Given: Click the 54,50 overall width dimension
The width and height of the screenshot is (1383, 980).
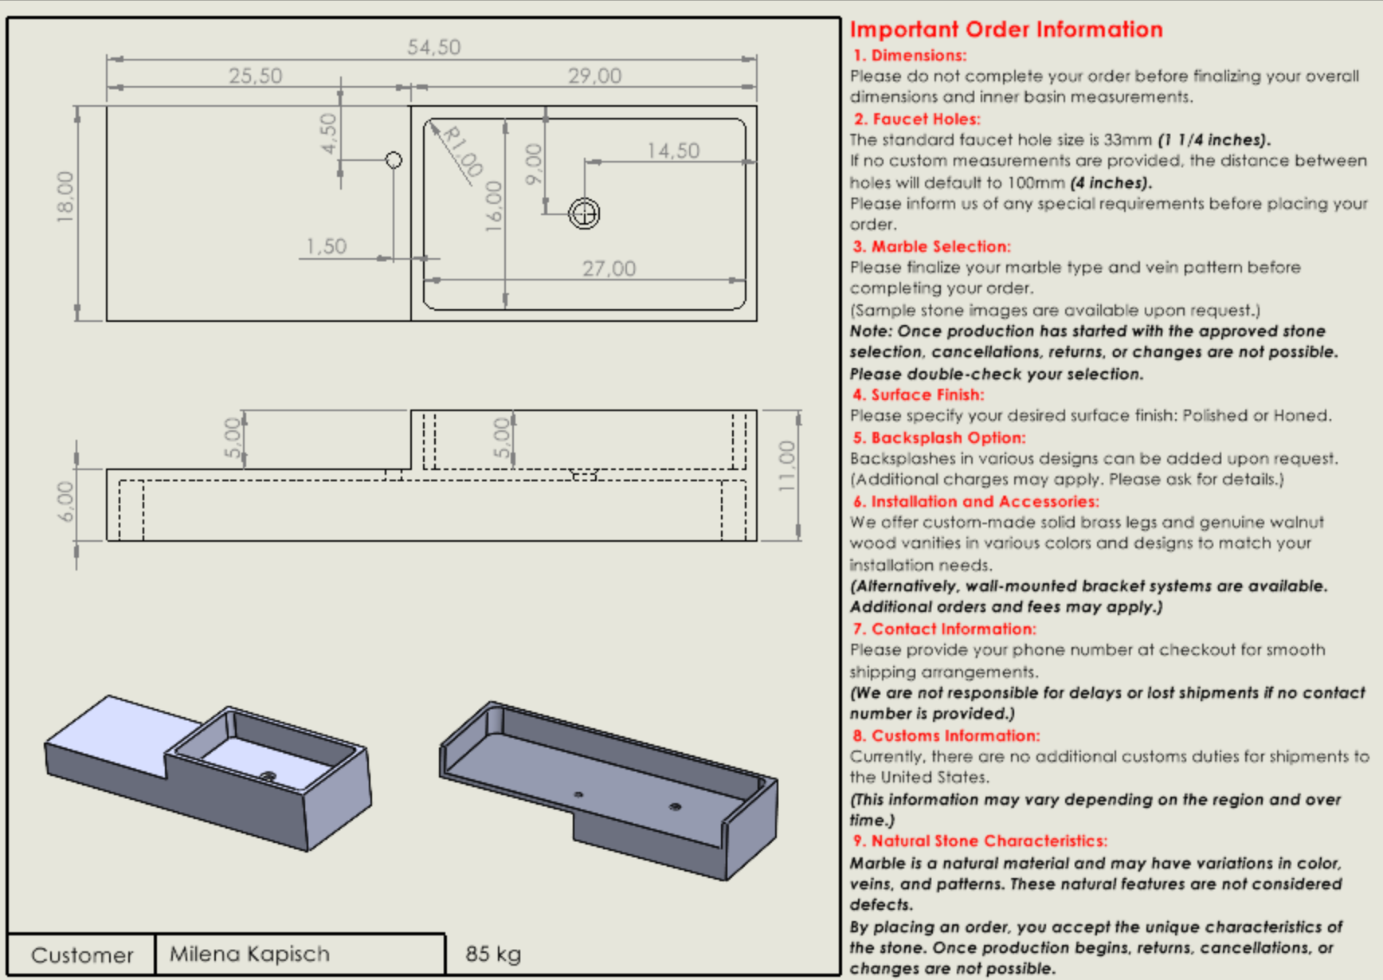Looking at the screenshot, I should click(x=433, y=48).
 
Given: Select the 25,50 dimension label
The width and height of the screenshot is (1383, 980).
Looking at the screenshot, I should click(x=255, y=76).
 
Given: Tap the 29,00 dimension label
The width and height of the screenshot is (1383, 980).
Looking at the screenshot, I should click(x=594, y=76).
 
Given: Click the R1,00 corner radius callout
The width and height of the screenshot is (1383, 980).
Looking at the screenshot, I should click(x=462, y=151).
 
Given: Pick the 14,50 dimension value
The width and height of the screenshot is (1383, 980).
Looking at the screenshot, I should click(x=673, y=151).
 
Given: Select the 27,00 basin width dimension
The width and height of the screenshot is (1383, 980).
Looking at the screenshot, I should click(x=609, y=269).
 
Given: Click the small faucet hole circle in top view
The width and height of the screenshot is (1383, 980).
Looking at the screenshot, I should click(x=394, y=160).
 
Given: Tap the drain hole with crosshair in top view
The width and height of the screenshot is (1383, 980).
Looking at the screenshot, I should click(x=584, y=214).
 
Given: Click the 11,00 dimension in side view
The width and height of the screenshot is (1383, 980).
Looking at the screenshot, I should click(x=786, y=466).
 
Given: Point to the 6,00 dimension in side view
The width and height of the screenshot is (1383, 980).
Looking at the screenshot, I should click(x=65, y=502).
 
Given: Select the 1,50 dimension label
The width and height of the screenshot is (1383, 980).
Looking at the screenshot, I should click(x=326, y=246).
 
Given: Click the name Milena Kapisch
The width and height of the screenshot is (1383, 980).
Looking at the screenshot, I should click(x=249, y=954).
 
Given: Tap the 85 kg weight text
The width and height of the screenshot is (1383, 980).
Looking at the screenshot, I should click(x=493, y=954).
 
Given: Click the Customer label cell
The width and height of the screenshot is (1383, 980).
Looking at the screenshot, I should click(x=82, y=955).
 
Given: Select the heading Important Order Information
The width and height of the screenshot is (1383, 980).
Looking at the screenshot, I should click(x=1006, y=29).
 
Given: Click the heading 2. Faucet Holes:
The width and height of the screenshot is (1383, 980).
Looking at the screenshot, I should click(x=917, y=120).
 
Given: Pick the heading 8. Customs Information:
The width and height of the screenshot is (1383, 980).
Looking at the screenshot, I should click(x=946, y=735).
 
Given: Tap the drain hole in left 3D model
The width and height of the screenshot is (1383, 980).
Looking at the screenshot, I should click(x=268, y=776).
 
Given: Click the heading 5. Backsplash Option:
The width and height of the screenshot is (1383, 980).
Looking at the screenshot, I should click(x=939, y=437).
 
